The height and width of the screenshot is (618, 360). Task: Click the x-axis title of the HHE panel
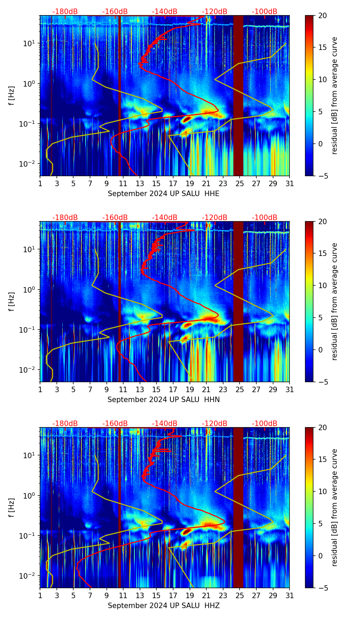point(164,194)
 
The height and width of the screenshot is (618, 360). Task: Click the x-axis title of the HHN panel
point(164,400)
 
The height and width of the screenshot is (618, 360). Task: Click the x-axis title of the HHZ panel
point(164,606)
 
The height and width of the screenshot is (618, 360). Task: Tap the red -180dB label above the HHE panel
point(65,12)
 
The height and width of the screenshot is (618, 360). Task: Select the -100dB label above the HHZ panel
point(265,424)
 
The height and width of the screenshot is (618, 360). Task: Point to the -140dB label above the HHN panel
point(165,218)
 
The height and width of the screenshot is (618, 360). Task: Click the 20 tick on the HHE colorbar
point(323,16)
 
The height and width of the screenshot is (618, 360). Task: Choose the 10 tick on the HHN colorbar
point(323,285)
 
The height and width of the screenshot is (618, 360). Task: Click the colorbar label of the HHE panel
point(334,95)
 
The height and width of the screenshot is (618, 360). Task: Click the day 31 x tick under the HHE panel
point(290,183)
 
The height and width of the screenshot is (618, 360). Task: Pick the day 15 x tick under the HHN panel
point(156,389)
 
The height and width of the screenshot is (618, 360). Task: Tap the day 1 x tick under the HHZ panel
point(40,595)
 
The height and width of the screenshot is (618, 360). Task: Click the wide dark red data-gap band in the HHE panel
point(238,95)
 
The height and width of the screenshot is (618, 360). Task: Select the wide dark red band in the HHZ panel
point(238,507)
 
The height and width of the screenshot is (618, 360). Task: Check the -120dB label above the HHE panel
point(215,12)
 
